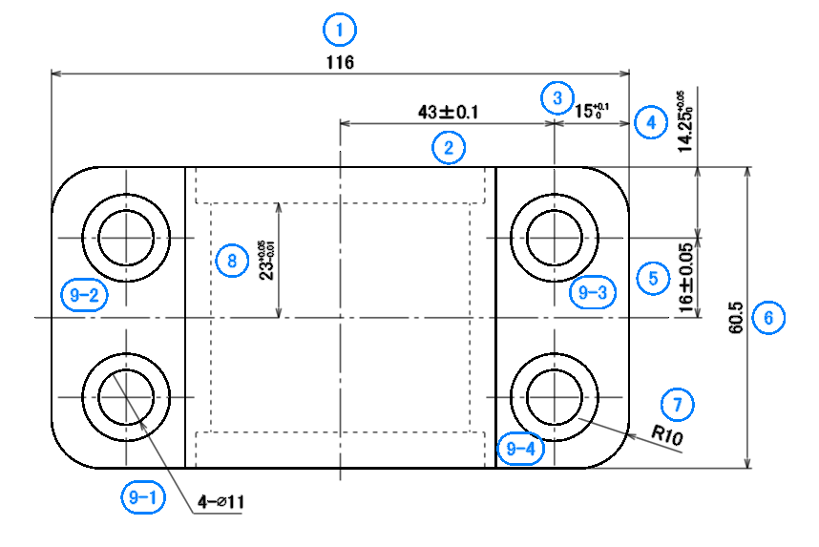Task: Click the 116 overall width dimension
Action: coord(340,62)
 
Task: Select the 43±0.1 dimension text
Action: coord(448,112)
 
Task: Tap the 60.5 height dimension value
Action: coord(736,318)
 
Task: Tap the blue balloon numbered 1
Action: coord(340,30)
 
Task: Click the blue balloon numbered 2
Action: coord(448,147)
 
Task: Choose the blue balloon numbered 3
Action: coord(556,96)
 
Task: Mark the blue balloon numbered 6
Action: coord(768,317)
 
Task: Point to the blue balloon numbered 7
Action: coord(678,404)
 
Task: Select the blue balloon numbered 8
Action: coord(230,259)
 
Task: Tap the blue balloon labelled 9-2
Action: coord(82,295)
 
